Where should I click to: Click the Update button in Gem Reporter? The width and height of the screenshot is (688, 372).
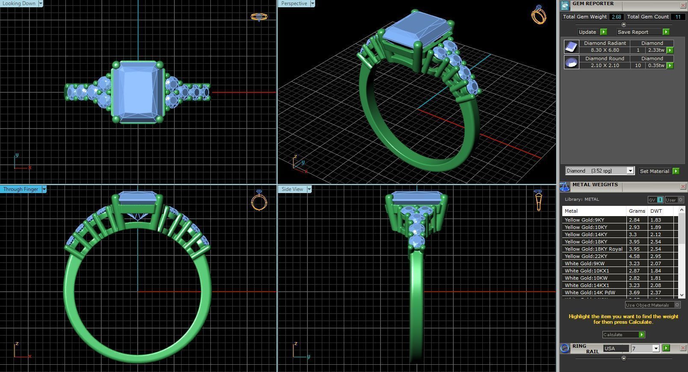pos(588,32)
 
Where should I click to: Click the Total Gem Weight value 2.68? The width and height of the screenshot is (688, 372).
pos(616,17)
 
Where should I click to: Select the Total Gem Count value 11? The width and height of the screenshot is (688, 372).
pos(677,17)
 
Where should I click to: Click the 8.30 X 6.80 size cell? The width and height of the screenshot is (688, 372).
pos(605,50)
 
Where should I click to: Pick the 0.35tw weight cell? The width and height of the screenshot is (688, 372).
pos(656,65)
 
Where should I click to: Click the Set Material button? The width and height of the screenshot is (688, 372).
pos(654,171)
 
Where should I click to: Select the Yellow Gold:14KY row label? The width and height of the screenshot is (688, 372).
pos(586,234)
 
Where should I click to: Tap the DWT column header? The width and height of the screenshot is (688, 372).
pos(656,211)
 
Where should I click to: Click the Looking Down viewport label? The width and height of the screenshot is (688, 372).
pos(19,3)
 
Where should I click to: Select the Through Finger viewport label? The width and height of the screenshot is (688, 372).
pos(21,189)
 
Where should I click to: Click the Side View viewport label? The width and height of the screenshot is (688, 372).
pos(292,189)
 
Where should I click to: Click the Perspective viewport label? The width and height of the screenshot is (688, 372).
pos(294,3)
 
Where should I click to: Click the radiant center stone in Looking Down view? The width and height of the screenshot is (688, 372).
pos(138,92)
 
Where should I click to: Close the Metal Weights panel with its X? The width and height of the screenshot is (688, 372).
pos(683,186)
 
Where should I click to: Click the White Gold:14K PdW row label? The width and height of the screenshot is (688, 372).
pos(590,293)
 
